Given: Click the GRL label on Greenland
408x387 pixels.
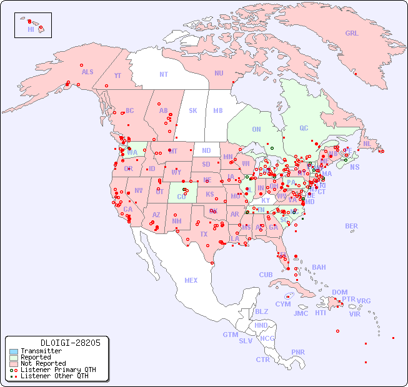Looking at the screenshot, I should coord(352,34).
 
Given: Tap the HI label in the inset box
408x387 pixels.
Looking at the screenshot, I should coord(31,29).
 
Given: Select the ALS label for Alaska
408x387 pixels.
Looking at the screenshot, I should coord(87,72).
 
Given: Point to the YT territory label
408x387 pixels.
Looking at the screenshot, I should coord(117,76).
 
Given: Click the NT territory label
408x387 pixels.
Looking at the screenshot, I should coord(163,74).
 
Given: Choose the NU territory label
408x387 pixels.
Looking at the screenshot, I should coord(219,73).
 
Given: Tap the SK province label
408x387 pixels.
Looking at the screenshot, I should coord(193,110).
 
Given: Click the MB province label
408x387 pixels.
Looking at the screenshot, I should coord(217,110).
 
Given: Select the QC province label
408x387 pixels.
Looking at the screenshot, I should coord(304,128).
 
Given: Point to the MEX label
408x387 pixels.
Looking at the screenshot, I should coord(191,280).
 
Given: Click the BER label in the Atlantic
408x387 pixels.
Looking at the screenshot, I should coord(352,226).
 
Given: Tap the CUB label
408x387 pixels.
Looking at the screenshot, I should coord(266,275).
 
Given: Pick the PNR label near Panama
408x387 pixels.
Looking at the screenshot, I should coord(298,352).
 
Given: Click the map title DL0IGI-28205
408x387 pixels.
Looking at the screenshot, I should coord(57,343).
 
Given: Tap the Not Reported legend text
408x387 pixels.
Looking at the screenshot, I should coord(43,363).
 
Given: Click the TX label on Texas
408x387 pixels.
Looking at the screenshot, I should coord(204,234).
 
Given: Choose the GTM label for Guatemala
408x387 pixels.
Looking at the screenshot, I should coord(231,335).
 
